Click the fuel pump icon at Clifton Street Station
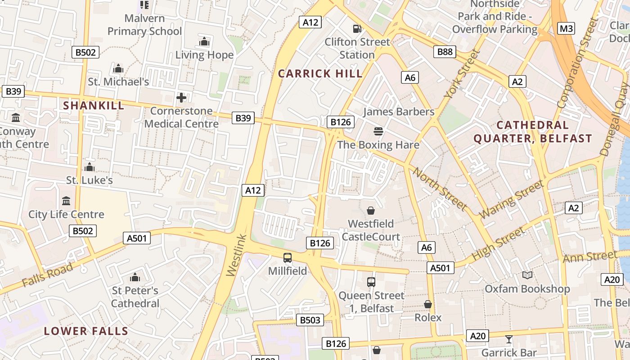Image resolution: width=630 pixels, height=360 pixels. click(x=357, y=29)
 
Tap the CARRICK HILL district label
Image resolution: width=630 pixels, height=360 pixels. click(x=320, y=74)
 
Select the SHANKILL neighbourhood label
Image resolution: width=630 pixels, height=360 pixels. click(x=94, y=106)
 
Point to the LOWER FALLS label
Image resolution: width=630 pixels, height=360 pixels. click(x=86, y=331)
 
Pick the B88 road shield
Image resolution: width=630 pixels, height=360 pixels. click(x=445, y=52)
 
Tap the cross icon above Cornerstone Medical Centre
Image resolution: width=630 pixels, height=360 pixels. click(x=181, y=98)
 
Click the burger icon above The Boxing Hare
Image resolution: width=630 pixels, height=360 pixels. click(x=378, y=131)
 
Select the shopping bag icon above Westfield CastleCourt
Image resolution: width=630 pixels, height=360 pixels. click(x=371, y=211)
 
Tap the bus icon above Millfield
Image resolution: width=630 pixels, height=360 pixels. click(x=288, y=258)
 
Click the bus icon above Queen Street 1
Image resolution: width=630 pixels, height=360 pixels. click(x=371, y=282)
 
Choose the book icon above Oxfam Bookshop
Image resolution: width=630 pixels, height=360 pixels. click(x=527, y=275)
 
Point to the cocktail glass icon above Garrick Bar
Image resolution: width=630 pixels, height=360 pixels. click(x=509, y=339)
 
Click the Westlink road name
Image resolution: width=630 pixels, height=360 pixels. click(x=236, y=255)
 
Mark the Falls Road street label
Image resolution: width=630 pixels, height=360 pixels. click(x=47, y=275)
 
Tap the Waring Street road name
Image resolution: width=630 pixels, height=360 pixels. click(x=512, y=199)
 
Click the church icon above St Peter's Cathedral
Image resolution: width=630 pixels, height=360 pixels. click(x=135, y=277)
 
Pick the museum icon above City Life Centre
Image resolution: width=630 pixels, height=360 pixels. click(x=66, y=201)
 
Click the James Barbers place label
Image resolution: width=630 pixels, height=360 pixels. click(x=399, y=112)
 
